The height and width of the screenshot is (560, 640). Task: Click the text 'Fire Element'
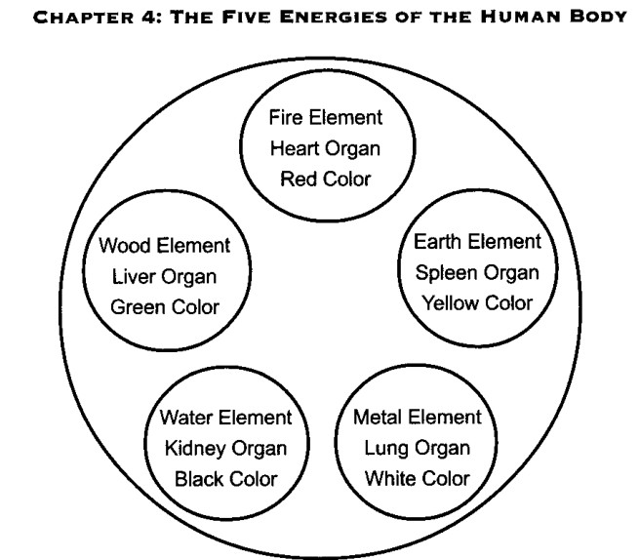click(x=326, y=117)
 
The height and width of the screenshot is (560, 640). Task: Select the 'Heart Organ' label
click(x=325, y=149)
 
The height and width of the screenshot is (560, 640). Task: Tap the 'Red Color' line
click(x=326, y=180)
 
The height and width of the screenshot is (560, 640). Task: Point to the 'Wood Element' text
click(x=165, y=246)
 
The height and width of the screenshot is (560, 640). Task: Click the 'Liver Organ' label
click(x=164, y=277)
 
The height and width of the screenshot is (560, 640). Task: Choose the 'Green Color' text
click(x=165, y=307)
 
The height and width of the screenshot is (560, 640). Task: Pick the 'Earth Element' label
click(x=477, y=242)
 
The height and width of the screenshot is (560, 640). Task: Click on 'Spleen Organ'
click(x=477, y=273)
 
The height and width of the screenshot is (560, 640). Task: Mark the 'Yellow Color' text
click(x=477, y=303)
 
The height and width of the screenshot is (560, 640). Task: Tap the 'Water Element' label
click(x=225, y=418)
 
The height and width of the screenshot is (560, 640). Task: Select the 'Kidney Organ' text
click(x=225, y=449)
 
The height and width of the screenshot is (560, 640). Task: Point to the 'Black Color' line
click(x=226, y=479)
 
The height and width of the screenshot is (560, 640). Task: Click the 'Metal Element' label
click(x=418, y=418)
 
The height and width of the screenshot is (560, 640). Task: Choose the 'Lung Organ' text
click(x=418, y=449)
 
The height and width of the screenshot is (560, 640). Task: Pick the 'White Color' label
click(x=418, y=479)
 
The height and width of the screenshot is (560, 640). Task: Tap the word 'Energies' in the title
click(x=333, y=18)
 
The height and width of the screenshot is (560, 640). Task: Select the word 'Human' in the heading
click(x=520, y=18)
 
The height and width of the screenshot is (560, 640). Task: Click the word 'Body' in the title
click(x=598, y=18)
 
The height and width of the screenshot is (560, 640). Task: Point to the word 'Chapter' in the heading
click(x=84, y=18)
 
